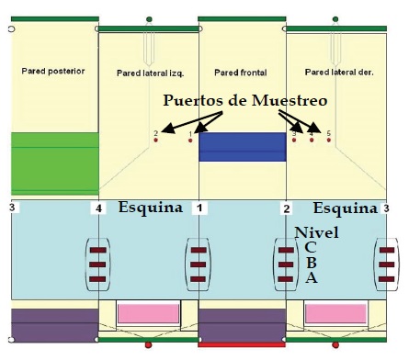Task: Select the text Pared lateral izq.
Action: [148, 72]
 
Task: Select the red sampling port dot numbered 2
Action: [157, 141]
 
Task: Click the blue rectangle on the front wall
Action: [243, 147]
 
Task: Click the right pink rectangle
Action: [335, 314]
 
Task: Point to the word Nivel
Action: [317, 232]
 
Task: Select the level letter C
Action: [312, 248]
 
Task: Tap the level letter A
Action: [312, 278]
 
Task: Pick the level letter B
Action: [312, 264]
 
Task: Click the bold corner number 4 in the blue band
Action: [98, 209]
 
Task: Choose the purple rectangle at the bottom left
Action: [54, 322]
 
